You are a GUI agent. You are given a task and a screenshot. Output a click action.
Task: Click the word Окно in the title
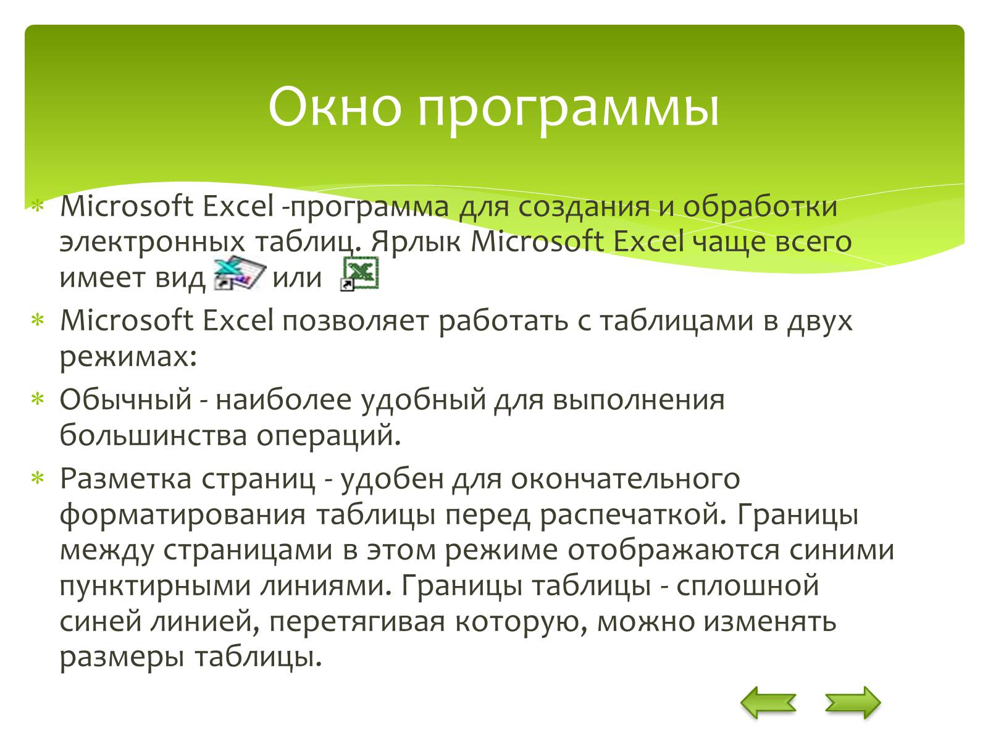tap(335, 107)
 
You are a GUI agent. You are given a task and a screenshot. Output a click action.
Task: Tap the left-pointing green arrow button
tap(768, 702)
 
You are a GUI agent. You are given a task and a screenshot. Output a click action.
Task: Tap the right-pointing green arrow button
tap(853, 702)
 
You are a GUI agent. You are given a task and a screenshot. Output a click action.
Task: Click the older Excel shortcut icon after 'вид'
tap(240, 273)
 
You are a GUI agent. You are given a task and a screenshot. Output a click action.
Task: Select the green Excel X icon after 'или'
tap(359, 273)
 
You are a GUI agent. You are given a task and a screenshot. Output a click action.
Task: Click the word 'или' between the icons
tap(297, 278)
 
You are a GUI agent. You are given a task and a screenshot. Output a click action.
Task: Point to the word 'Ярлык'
tap(416, 242)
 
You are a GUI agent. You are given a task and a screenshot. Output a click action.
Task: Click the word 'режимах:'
tap(128, 357)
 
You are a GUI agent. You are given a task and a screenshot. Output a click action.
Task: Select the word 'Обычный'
tap(125, 399)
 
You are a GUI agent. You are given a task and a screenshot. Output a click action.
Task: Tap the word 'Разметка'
tap(125, 478)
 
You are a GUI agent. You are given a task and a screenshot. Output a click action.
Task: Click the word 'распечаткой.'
tap(633, 516)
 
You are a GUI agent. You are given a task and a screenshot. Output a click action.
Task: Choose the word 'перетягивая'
tap(357, 623)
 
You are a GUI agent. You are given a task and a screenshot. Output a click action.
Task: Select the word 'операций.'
tap(328, 436)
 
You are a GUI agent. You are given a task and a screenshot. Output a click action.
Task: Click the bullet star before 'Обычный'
tap(38, 399)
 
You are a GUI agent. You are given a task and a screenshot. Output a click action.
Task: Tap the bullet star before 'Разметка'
tap(38, 477)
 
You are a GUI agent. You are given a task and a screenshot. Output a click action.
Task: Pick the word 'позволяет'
tap(356, 321)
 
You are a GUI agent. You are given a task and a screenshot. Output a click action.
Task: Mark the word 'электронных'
tap(152, 242)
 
